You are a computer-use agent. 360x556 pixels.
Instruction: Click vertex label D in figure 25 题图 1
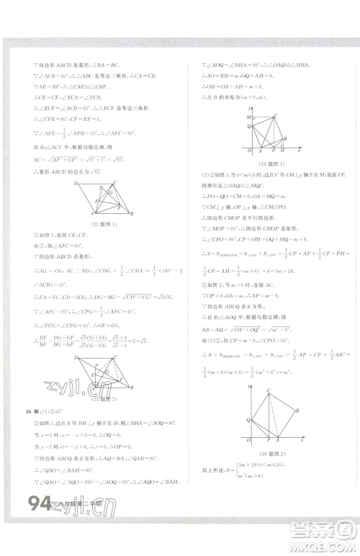pos(76,184)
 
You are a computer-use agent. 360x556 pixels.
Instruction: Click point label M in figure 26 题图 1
pos(248,117)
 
